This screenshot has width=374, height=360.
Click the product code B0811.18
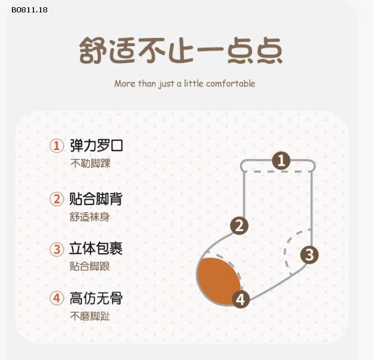pyautogui.click(x=30, y=10)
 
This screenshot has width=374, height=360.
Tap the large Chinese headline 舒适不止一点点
pyautogui.click(x=181, y=51)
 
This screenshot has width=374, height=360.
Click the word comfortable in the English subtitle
pyautogui.click(x=231, y=84)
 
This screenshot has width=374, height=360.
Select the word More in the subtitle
pyautogui.click(x=125, y=84)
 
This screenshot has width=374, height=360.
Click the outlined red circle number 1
pyautogui.click(x=57, y=146)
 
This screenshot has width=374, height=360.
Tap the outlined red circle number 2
pyautogui.click(x=57, y=199)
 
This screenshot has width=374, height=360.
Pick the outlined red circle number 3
pyautogui.click(x=57, y=249)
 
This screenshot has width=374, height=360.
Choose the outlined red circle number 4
pyautogui.click(x=57, y=298)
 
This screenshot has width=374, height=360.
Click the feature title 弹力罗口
pyautogui.click(x=96, y=146)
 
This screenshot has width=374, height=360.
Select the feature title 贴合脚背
pyautogui.click(x=96, y=199)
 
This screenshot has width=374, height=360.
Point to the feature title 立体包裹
pyautogui.click(x=96, y=248)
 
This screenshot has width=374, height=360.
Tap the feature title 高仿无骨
pyautogui.click(x=96, y=298)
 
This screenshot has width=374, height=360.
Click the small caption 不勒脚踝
pyautogui.click(x=90, y=164)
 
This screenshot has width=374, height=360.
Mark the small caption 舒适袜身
pyautogui.click(x=90, y=217)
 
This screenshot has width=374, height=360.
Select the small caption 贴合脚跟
pyautogui.click(x=90, y=266)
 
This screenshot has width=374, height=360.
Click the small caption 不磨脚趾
pyautogui.click(x=90, y=316)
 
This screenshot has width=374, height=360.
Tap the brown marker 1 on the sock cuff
pyautogui.click(x=281, y=160)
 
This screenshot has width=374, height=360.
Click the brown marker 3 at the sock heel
pyautogui.click(x=309, y=255)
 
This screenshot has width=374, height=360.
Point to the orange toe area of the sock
pyautogui.click(x=217, y=281)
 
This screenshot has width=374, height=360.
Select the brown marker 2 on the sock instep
pyautogui.click(x=239, y=225)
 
